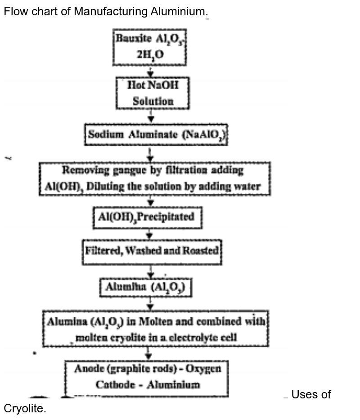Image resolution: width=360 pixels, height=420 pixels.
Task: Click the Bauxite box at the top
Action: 149,47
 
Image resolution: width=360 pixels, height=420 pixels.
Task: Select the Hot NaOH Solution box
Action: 153,93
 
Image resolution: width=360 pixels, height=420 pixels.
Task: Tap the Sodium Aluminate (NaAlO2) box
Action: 156,134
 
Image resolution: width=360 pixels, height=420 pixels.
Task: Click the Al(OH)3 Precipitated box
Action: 147,217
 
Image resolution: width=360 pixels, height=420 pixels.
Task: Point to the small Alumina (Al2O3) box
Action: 146,287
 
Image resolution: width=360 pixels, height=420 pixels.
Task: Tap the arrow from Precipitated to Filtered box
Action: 150,234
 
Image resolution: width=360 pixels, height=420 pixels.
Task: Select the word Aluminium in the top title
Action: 177,12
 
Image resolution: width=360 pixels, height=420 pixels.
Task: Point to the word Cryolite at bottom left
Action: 24,409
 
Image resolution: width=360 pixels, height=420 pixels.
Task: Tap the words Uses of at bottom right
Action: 311,395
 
